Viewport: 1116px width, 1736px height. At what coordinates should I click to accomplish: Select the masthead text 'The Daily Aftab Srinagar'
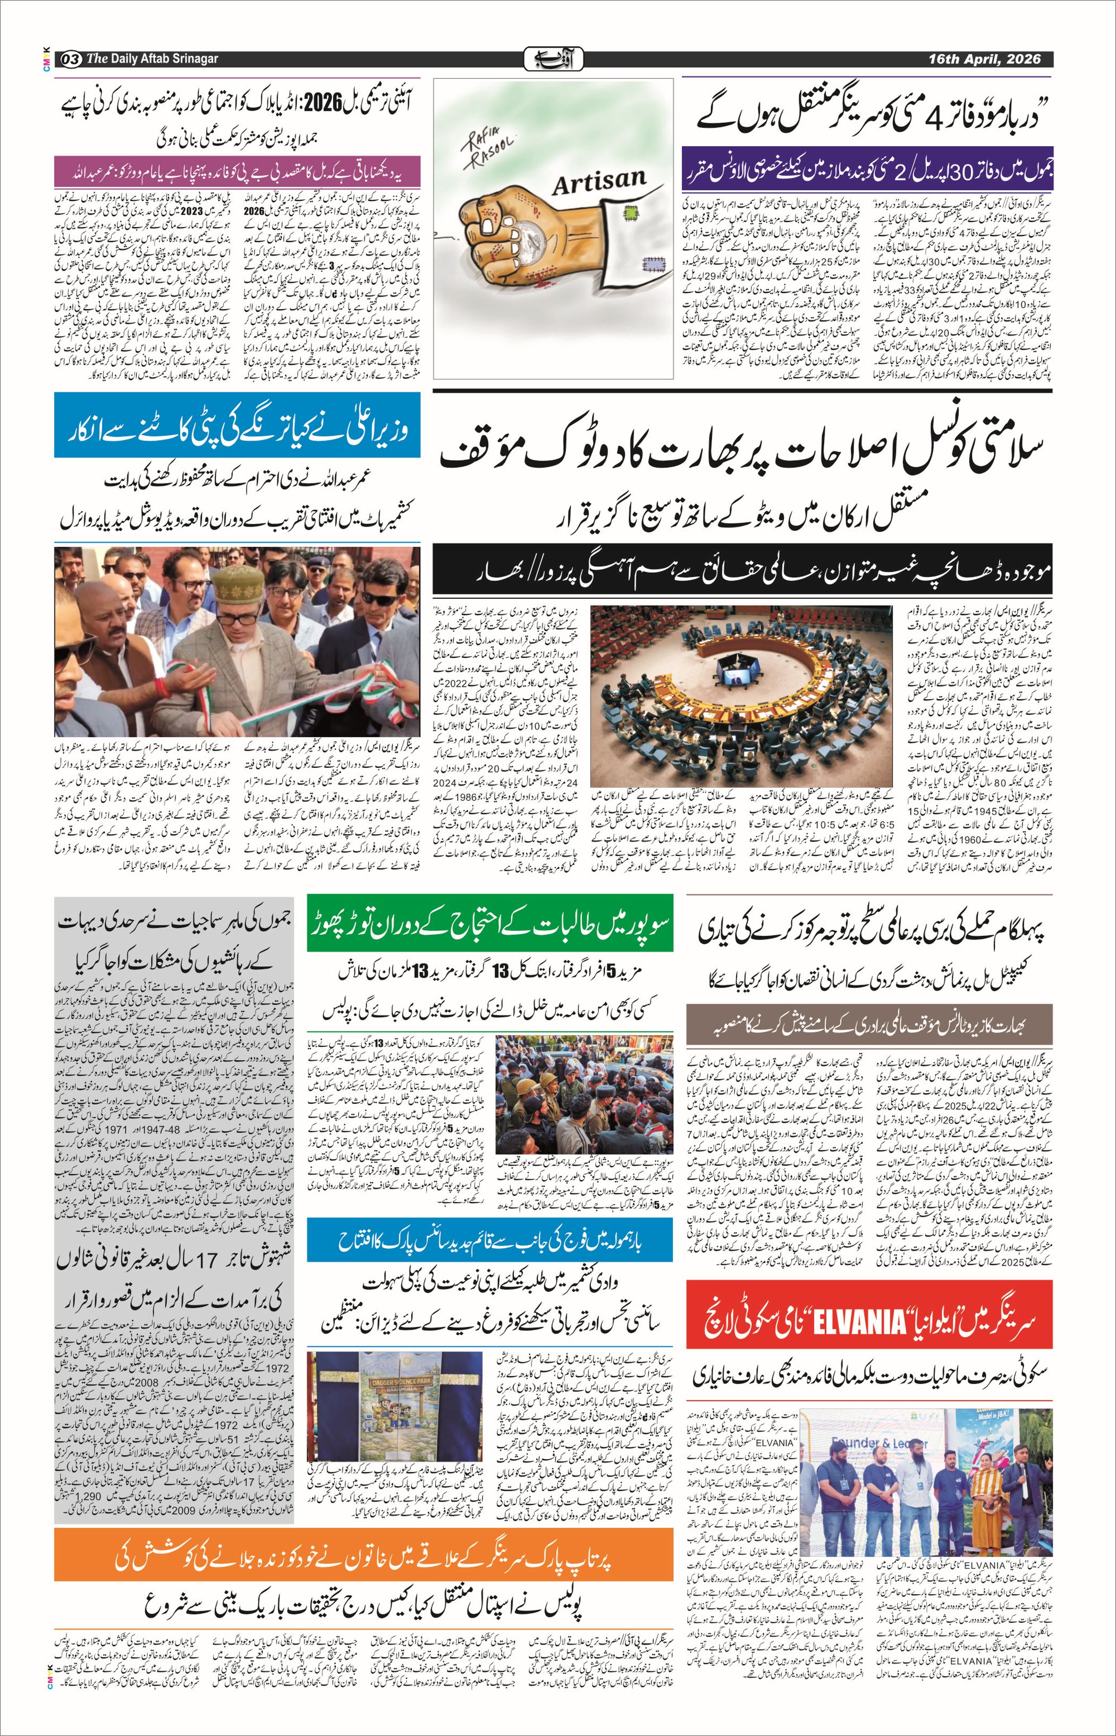(152, 58)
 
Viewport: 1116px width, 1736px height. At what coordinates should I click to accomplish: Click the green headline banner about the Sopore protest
(490, 922)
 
